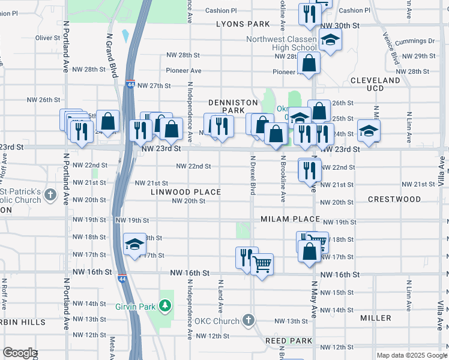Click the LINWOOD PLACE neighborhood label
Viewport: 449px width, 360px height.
(x=185, y=192)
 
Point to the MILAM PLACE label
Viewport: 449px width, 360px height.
(x=291, y=219)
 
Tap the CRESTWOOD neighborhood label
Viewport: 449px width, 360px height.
(x=394, y=199)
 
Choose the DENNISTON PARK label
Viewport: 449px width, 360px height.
(x=228, y=107)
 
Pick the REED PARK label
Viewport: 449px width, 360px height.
(x=289, y=341)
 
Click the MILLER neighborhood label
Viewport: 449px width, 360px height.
(x=376, y=317)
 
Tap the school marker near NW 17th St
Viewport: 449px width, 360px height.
(x=135, y=244)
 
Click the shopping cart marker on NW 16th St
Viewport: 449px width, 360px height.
(x=262, y=263)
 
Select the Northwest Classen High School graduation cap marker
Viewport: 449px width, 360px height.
(x=328, y=40)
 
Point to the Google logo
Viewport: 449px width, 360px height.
(x=20, y=353)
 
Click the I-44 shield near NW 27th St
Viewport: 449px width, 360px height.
(x=130, y=84)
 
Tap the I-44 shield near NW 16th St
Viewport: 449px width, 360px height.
(x=122, y=279)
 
